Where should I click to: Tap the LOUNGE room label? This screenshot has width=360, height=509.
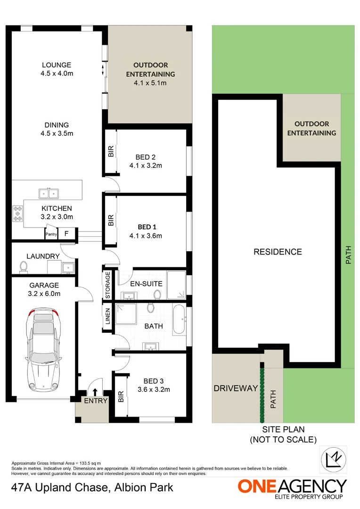(x=56, y=65)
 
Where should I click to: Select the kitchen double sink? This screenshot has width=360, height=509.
(x=49, y=193)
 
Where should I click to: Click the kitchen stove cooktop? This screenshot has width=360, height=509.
(x=18, y=213)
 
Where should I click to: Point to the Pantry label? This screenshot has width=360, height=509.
(x=51, y=234)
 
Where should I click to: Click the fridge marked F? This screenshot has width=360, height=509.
(x=66, y=233)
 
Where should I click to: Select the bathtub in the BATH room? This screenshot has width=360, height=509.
(x=179, y=320)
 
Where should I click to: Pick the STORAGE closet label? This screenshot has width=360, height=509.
(x=107, y=285)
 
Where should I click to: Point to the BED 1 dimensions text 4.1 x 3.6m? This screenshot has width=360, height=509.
(x=146, y=236)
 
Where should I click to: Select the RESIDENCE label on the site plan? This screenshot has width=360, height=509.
(x=278, y=252)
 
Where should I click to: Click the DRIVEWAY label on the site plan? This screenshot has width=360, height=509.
(x=235, y=388)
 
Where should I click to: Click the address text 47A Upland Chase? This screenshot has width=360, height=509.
(x=60, y=487)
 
